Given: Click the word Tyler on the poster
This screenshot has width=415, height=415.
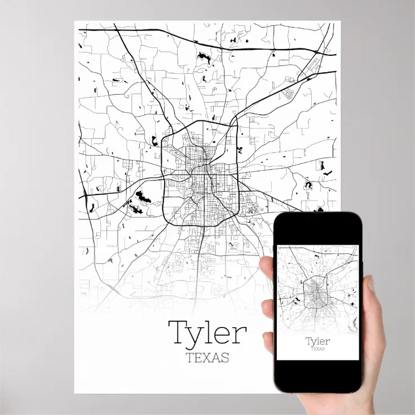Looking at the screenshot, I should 207,333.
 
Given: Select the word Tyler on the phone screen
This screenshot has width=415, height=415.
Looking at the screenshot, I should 317,341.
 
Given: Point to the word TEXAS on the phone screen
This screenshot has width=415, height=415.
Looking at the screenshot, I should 317,349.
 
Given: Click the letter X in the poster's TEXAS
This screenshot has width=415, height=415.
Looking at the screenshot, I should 207,357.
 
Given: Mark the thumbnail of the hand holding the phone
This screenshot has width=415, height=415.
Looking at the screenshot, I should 370,284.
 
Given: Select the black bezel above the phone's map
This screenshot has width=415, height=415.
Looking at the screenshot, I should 317,228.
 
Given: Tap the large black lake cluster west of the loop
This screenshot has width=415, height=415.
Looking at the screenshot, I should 142,198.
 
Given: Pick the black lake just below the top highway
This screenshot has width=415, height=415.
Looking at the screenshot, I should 201,57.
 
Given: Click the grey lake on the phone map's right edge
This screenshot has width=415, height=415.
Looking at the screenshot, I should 354,322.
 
